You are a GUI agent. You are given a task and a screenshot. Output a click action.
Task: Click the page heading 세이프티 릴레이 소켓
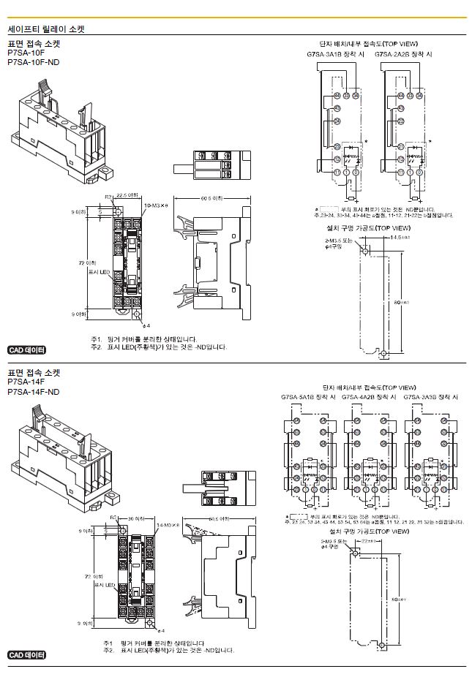coord(46,30)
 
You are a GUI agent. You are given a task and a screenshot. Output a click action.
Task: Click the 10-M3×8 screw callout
coord(158,207)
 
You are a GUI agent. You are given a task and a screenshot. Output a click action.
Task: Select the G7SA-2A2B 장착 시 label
coord(403,54)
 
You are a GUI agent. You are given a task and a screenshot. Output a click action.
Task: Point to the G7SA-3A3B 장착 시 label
coord(431,396)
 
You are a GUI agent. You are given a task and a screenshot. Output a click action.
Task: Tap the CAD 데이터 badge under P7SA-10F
coord(26,350)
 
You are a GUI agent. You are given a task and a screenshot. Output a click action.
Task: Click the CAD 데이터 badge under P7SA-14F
coord(26,654)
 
